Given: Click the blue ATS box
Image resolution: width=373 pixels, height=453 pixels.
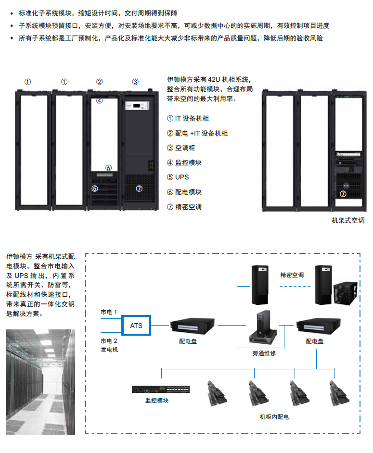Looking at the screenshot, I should coord(137,326).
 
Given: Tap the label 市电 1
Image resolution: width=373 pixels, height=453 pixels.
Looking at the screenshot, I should coord(109,312).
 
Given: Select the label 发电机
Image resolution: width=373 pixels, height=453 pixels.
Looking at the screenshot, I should coord(109,350).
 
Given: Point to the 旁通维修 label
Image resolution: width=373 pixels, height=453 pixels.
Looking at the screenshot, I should coord(264,353).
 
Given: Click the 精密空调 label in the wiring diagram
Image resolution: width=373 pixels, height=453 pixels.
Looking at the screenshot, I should coord(292,275).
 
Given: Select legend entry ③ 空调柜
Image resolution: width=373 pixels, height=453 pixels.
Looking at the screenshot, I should coord(180,148).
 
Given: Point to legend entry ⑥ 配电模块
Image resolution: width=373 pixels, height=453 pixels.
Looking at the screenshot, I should coord(184,192).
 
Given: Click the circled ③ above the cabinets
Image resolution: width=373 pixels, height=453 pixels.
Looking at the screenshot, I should coord(135,81).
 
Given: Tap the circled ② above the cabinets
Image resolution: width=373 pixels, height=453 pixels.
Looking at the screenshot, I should coord(99,81).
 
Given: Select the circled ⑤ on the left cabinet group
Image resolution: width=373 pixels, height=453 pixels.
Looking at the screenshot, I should coord(95,189).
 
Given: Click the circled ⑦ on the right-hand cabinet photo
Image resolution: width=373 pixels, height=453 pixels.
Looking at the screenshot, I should coord(343,194).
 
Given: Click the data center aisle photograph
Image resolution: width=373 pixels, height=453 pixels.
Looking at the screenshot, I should coord(40,382).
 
